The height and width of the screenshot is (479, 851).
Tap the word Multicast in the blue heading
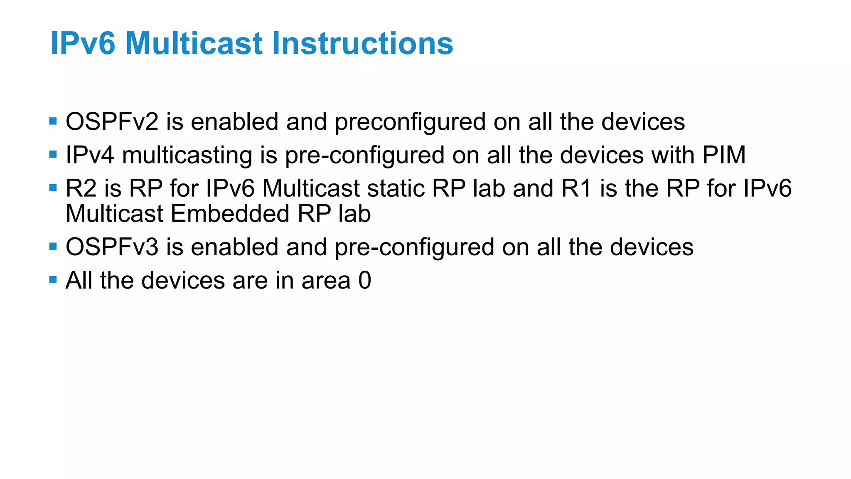click(194, 43)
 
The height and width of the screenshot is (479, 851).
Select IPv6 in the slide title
click(83, 43)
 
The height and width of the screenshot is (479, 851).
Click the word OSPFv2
click(112, 122)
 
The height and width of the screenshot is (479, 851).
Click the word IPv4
click(90, 155)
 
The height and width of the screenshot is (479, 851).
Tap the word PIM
click(724, 155)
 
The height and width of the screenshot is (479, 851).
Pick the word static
click(396, 188)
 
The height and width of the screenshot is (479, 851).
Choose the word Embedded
click(230, 214)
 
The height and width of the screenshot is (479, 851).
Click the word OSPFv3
click(112, 247)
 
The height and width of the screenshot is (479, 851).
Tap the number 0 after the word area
click(364, 280)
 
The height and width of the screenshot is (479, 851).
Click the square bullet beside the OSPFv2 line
click(53, 121)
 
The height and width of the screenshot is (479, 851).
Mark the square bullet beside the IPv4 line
click(53, 155)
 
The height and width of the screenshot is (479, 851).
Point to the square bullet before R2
click(53, 188)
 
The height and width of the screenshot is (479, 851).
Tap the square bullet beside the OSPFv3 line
click(53, 247)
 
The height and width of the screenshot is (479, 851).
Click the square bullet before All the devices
click(53, 280)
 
